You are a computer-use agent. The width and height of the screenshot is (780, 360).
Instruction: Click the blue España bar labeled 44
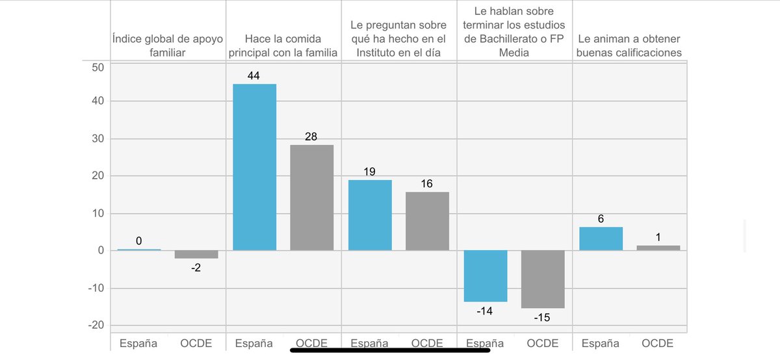coord(254,167)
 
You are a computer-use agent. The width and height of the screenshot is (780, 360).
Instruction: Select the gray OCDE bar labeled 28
coord(311,198)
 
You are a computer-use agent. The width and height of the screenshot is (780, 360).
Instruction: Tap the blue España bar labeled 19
coord(370,215)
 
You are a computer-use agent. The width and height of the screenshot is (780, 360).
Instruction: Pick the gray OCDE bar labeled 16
coord(427,221)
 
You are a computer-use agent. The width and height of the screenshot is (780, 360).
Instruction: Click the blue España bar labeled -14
coord(486,276)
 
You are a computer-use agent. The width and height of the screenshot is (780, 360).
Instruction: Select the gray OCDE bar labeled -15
coord(543,279)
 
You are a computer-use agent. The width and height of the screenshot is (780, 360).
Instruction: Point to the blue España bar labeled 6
coord(601,238)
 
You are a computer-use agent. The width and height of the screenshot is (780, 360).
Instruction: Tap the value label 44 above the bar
coord(254,76)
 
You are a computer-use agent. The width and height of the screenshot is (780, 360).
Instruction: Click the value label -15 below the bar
coord(543,318)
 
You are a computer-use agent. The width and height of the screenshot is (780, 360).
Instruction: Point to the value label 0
coord(138,241)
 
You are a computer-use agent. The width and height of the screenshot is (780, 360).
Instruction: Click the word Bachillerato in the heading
coord(504,39)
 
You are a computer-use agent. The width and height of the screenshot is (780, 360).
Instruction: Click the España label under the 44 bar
coord(254,343)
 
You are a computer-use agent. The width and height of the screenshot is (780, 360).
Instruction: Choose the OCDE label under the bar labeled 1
coord(658,343)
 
